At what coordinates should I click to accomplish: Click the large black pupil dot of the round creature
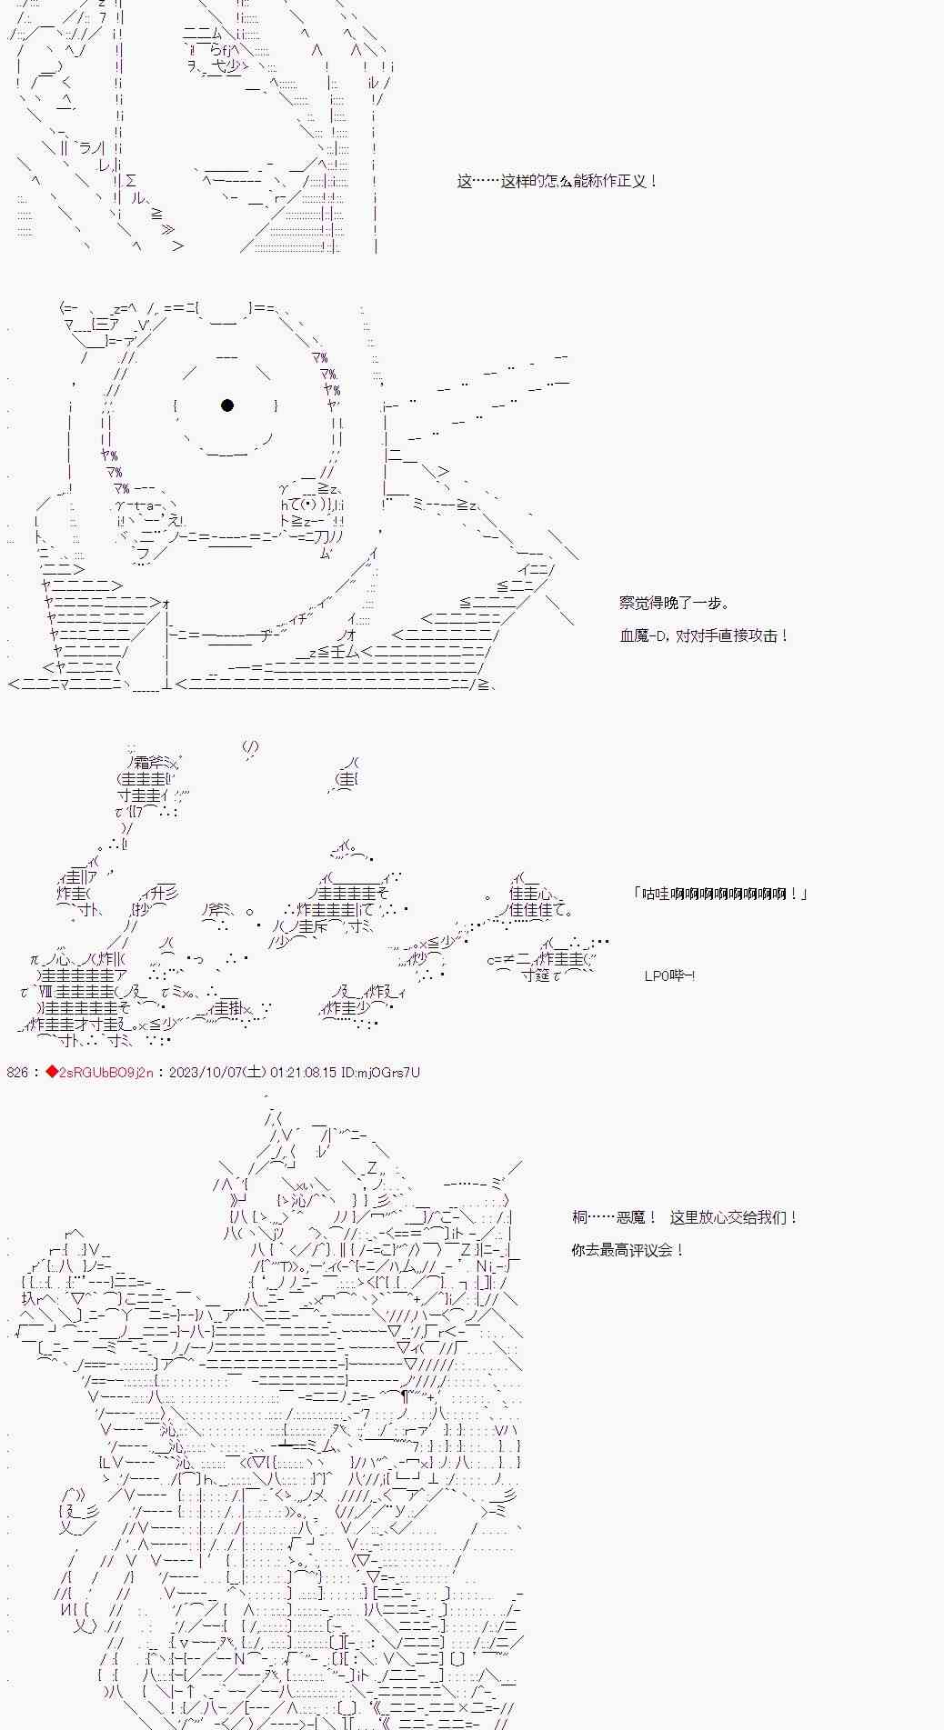click(x=227, y=405)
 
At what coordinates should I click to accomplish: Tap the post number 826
click(x=18, y=1073)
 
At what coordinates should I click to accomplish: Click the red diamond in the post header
click(x=52, y=1073)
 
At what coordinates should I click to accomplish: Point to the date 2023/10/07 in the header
click(x=204, y=1073)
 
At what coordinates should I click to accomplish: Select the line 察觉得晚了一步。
click(x=674, y=603)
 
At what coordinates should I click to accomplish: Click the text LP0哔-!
click(x=670, y=975)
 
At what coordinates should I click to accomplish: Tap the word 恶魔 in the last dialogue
click(x=631, y=1217)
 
